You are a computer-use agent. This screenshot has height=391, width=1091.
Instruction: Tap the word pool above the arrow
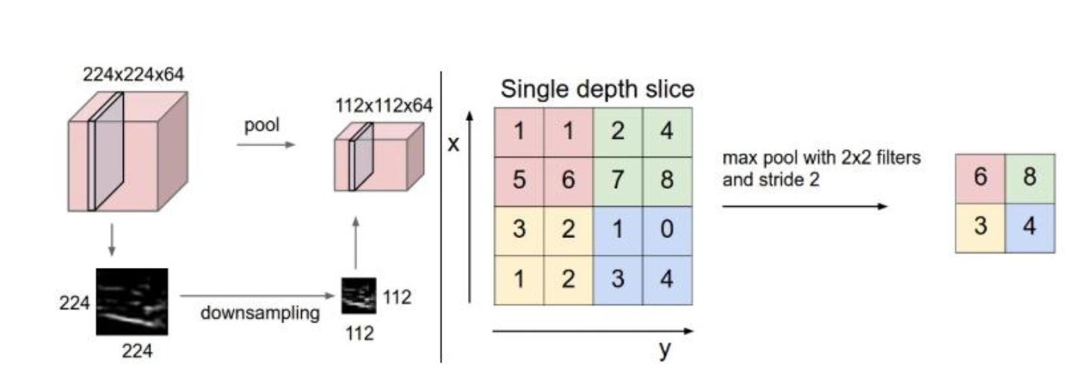pyautogui.click(x=262, y=125)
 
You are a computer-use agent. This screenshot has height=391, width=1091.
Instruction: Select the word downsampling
pyautogui.click(x=259, y=312)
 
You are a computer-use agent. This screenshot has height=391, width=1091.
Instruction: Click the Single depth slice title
pyautogui.click(x=597, y=90)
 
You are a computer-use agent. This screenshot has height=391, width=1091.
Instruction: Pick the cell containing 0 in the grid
pyautogui.click(x=667, y=230)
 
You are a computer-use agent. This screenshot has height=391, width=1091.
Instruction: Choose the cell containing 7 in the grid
pyautogui.click(x=618, y=181)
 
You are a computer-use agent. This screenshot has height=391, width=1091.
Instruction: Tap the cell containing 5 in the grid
pyautogui.click(x=519, y=181)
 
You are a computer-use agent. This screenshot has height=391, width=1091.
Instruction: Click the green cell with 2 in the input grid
pyautogui.click(x=618, y=133)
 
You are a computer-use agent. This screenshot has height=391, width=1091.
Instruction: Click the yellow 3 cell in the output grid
pyautogui.click(x=980, y=227)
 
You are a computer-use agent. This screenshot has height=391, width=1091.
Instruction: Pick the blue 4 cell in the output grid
pyautogui.click(x=1030, y=227)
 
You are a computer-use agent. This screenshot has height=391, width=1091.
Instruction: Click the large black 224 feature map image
pyautogui.click(x=131, y=301)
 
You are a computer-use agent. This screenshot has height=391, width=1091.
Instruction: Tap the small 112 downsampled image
pyautogui.click(x=355, y=296)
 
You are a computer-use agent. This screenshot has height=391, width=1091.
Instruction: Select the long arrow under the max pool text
pyautogui.click(x=805, y=205)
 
